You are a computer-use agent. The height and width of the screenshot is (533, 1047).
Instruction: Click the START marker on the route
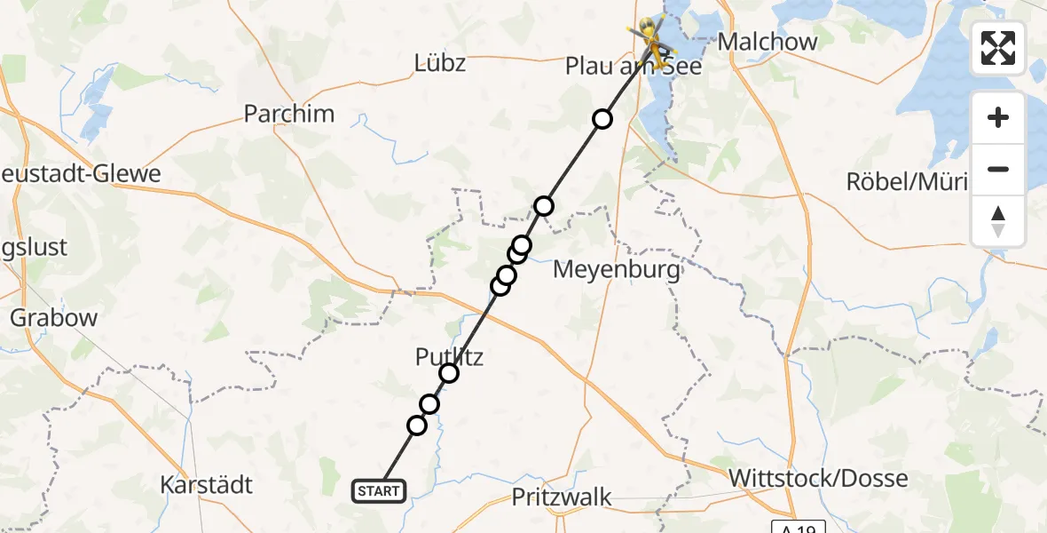[x=379, y=490]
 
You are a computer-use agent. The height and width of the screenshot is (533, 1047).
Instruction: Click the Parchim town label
[x=289, y=114]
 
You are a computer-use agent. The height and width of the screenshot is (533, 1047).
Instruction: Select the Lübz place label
[x=440, y=63]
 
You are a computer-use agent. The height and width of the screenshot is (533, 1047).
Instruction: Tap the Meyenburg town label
[x=617, y=269]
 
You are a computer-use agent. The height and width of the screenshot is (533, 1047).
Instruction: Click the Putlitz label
[x=449, y=357]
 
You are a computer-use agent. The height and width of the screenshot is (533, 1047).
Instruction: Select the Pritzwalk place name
[x=562, y=497]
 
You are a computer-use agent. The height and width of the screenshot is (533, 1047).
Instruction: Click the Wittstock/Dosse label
[x=818, y=478]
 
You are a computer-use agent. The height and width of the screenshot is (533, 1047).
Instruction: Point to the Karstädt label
[x=207, y=485]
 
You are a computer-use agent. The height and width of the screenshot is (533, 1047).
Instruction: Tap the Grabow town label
[x=42, y=317]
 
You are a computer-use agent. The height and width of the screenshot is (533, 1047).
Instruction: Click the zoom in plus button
[x=998, y=117]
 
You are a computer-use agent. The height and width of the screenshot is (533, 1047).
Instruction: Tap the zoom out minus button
[x=998, y=169]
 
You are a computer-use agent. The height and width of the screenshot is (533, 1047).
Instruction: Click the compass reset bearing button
[x=998, y=220]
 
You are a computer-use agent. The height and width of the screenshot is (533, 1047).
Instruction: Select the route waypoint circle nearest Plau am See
[x=602, y=119]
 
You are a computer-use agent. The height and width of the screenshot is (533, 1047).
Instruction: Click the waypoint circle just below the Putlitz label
[x=449, y=373]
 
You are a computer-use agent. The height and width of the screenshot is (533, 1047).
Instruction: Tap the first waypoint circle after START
[x=417, y=426]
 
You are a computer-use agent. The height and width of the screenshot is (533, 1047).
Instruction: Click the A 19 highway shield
[x=798, y=527]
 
